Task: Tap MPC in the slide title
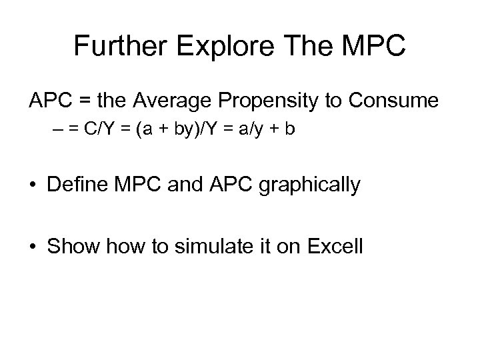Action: pos(372,46)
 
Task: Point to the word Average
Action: pos(176,102)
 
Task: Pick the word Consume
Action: pos(398,102)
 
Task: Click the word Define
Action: pos(81,185)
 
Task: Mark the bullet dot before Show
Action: pos(34,247)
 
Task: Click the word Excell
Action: pos(335,246)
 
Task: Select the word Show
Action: pos(71,246)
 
